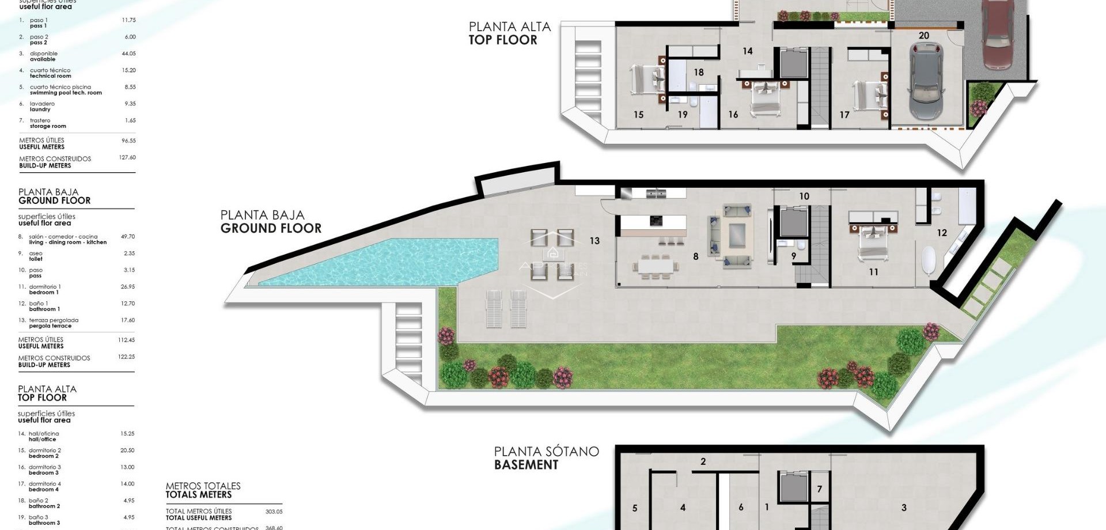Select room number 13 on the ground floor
click(594, 241)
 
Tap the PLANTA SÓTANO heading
click(546, 452)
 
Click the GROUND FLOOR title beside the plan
click(271, 228)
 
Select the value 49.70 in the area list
click(128, 237)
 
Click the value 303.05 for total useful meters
click(274, 512)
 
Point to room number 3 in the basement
click(904, 508)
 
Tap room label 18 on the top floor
click(699, 73)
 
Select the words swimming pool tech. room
click(66, 93)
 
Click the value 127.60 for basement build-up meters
click(127, 157)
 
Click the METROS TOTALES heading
click(203, 486)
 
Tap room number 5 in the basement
click(635, 508)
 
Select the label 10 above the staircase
click(804, 196)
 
